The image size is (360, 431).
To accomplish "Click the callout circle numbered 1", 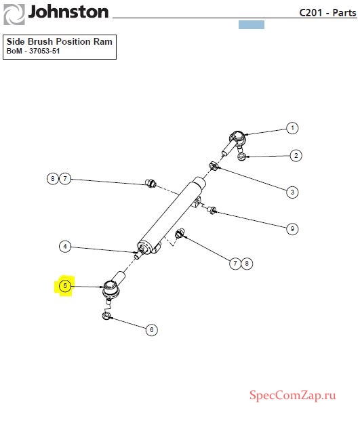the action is [292, 128].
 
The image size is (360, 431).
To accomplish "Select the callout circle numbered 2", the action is [296, 156].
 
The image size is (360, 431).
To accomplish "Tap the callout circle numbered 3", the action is [292, 192].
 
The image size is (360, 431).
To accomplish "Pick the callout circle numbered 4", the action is [65, 246].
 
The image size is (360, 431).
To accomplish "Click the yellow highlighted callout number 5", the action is [65, 286].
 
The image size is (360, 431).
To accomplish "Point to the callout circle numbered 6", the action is [152, 329].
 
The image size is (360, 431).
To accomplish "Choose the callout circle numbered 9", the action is [292, 228].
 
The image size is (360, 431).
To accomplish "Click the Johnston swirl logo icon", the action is [14, 14].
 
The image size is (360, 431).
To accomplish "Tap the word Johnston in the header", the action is [68, 12].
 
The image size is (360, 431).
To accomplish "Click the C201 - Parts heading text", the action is [327, 13].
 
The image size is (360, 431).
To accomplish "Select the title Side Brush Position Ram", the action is [60, 41].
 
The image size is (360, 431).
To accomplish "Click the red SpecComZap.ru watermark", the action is [293, 396].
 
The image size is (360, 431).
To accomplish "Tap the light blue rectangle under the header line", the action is [252, 25].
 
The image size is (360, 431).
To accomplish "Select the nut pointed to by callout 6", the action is [106, 315].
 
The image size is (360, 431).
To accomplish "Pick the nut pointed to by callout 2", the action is [241, 157].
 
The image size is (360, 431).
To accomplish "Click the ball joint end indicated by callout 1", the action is [237, 138].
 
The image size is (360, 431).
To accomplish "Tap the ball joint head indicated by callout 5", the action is [111, 289].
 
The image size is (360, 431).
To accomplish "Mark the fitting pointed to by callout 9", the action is [212, 210].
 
